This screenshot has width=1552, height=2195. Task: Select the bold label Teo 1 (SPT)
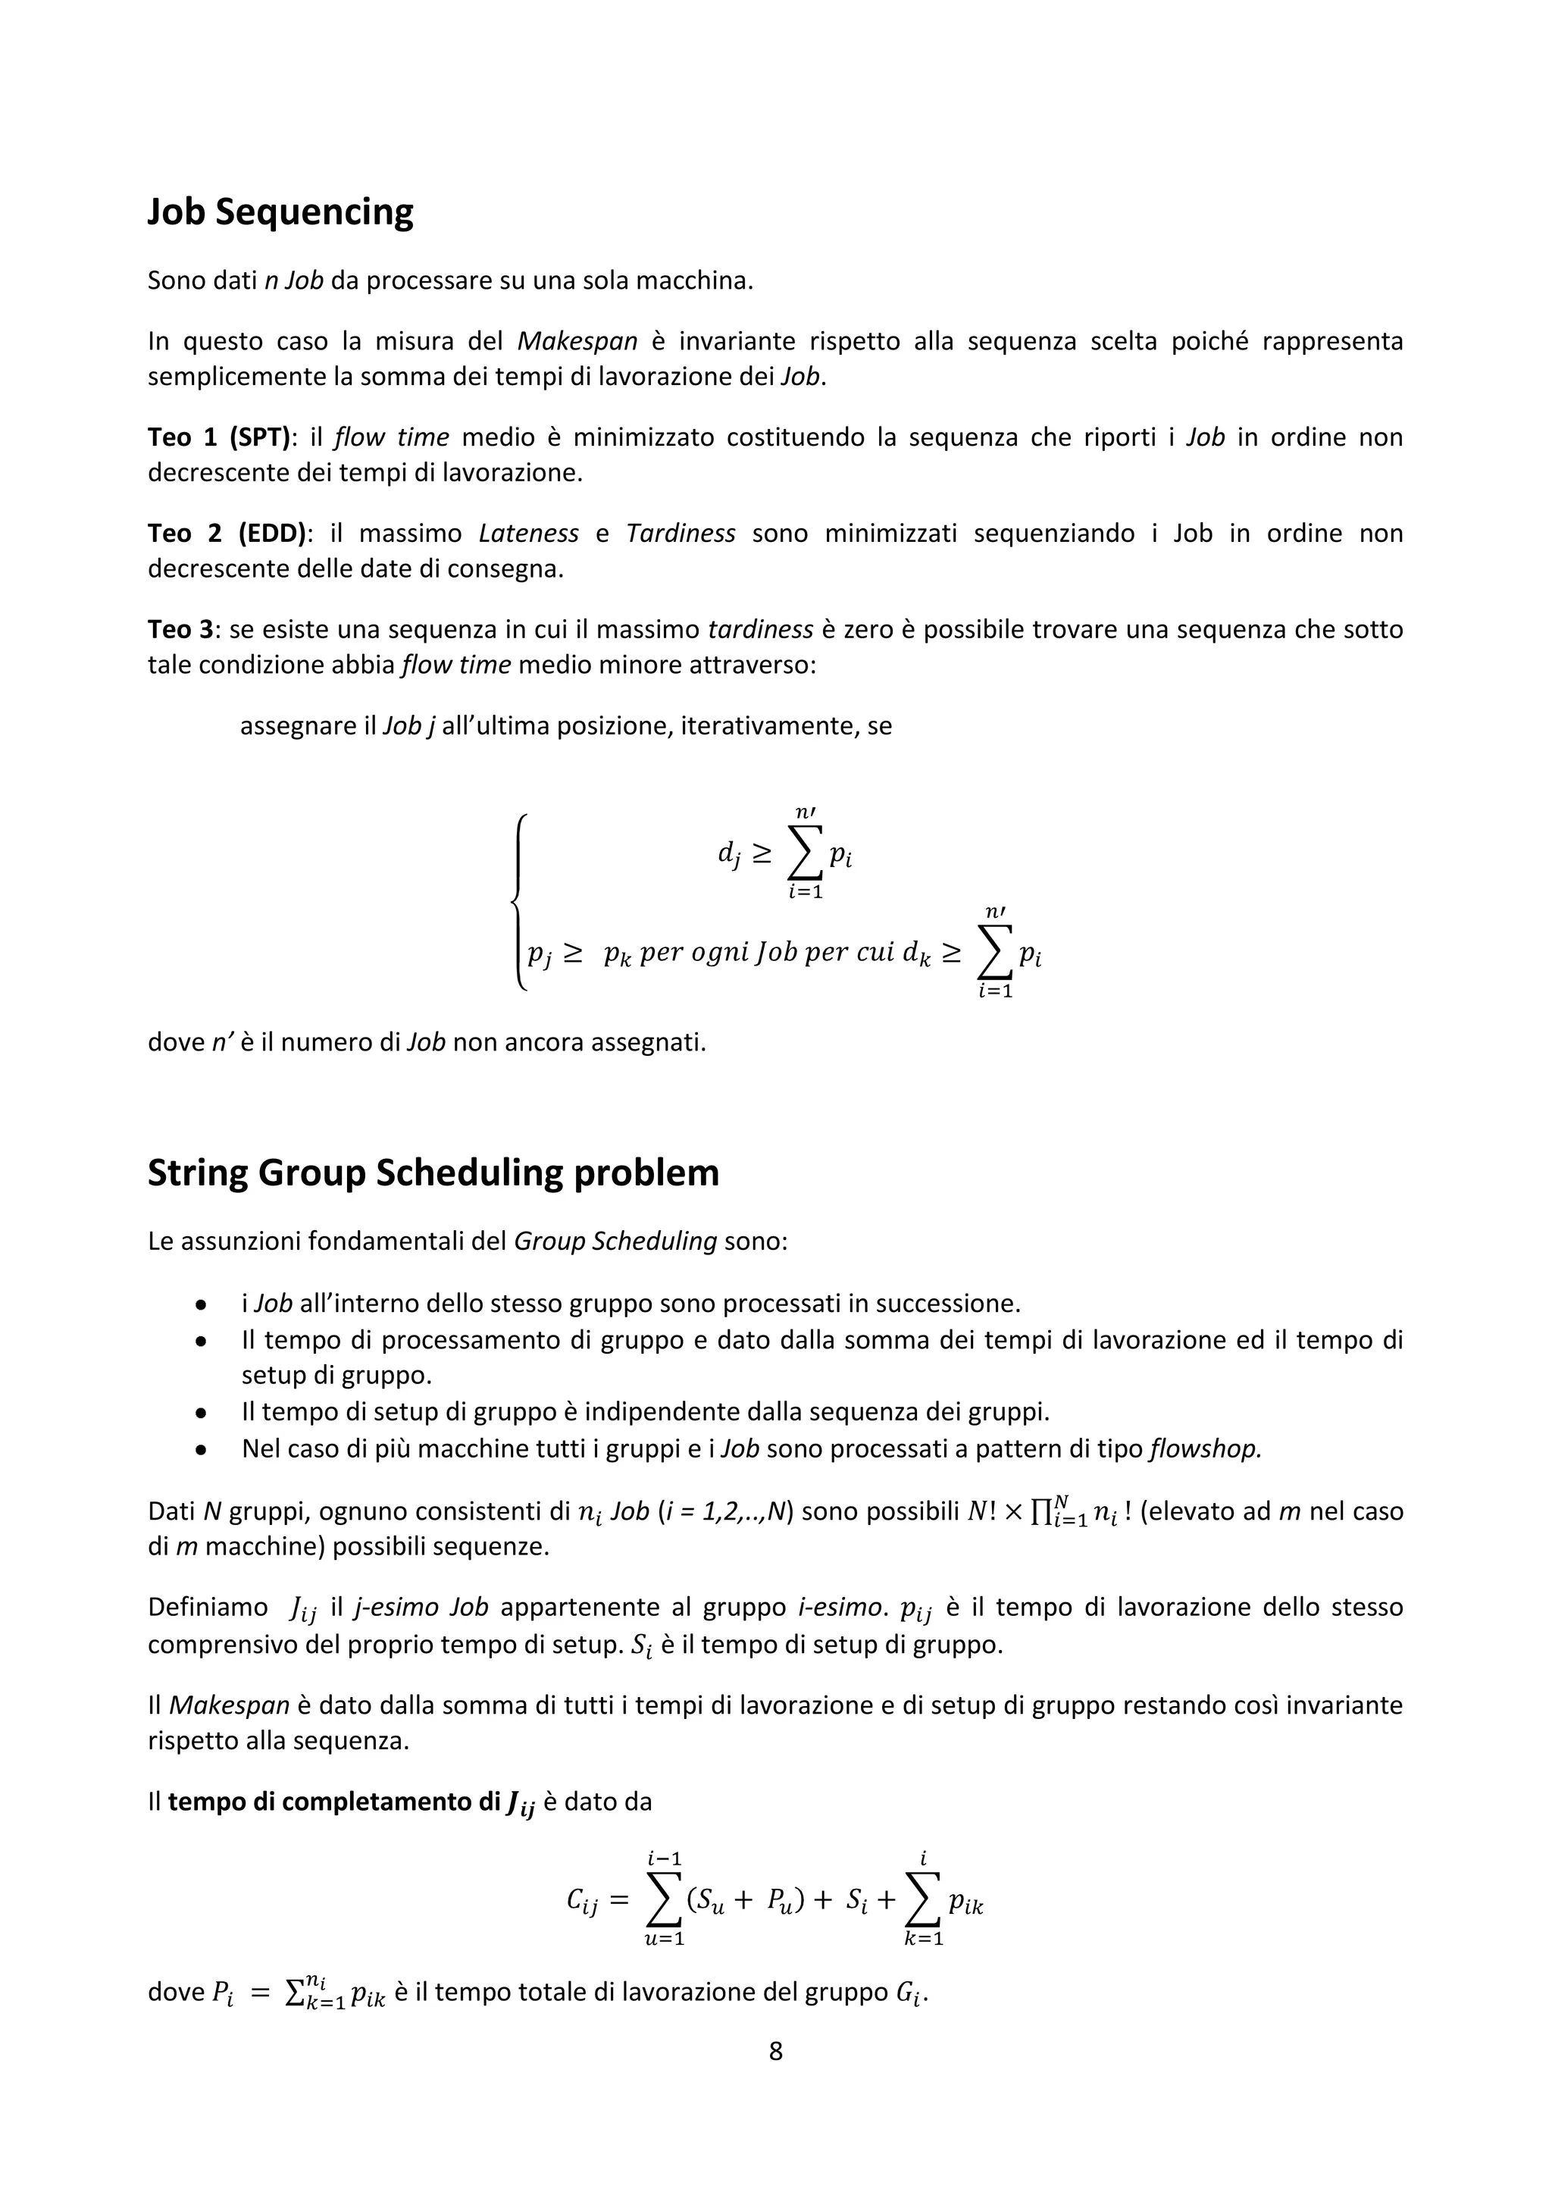point(219,438)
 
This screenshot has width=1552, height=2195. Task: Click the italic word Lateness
point(528,534)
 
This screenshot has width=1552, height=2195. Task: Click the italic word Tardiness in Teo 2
point(681,534)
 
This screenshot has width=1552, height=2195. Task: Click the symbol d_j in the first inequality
point(728,853)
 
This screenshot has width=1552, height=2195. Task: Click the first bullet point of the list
point(201,1304)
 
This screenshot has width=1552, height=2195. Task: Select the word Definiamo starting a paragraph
point(208,1607)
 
